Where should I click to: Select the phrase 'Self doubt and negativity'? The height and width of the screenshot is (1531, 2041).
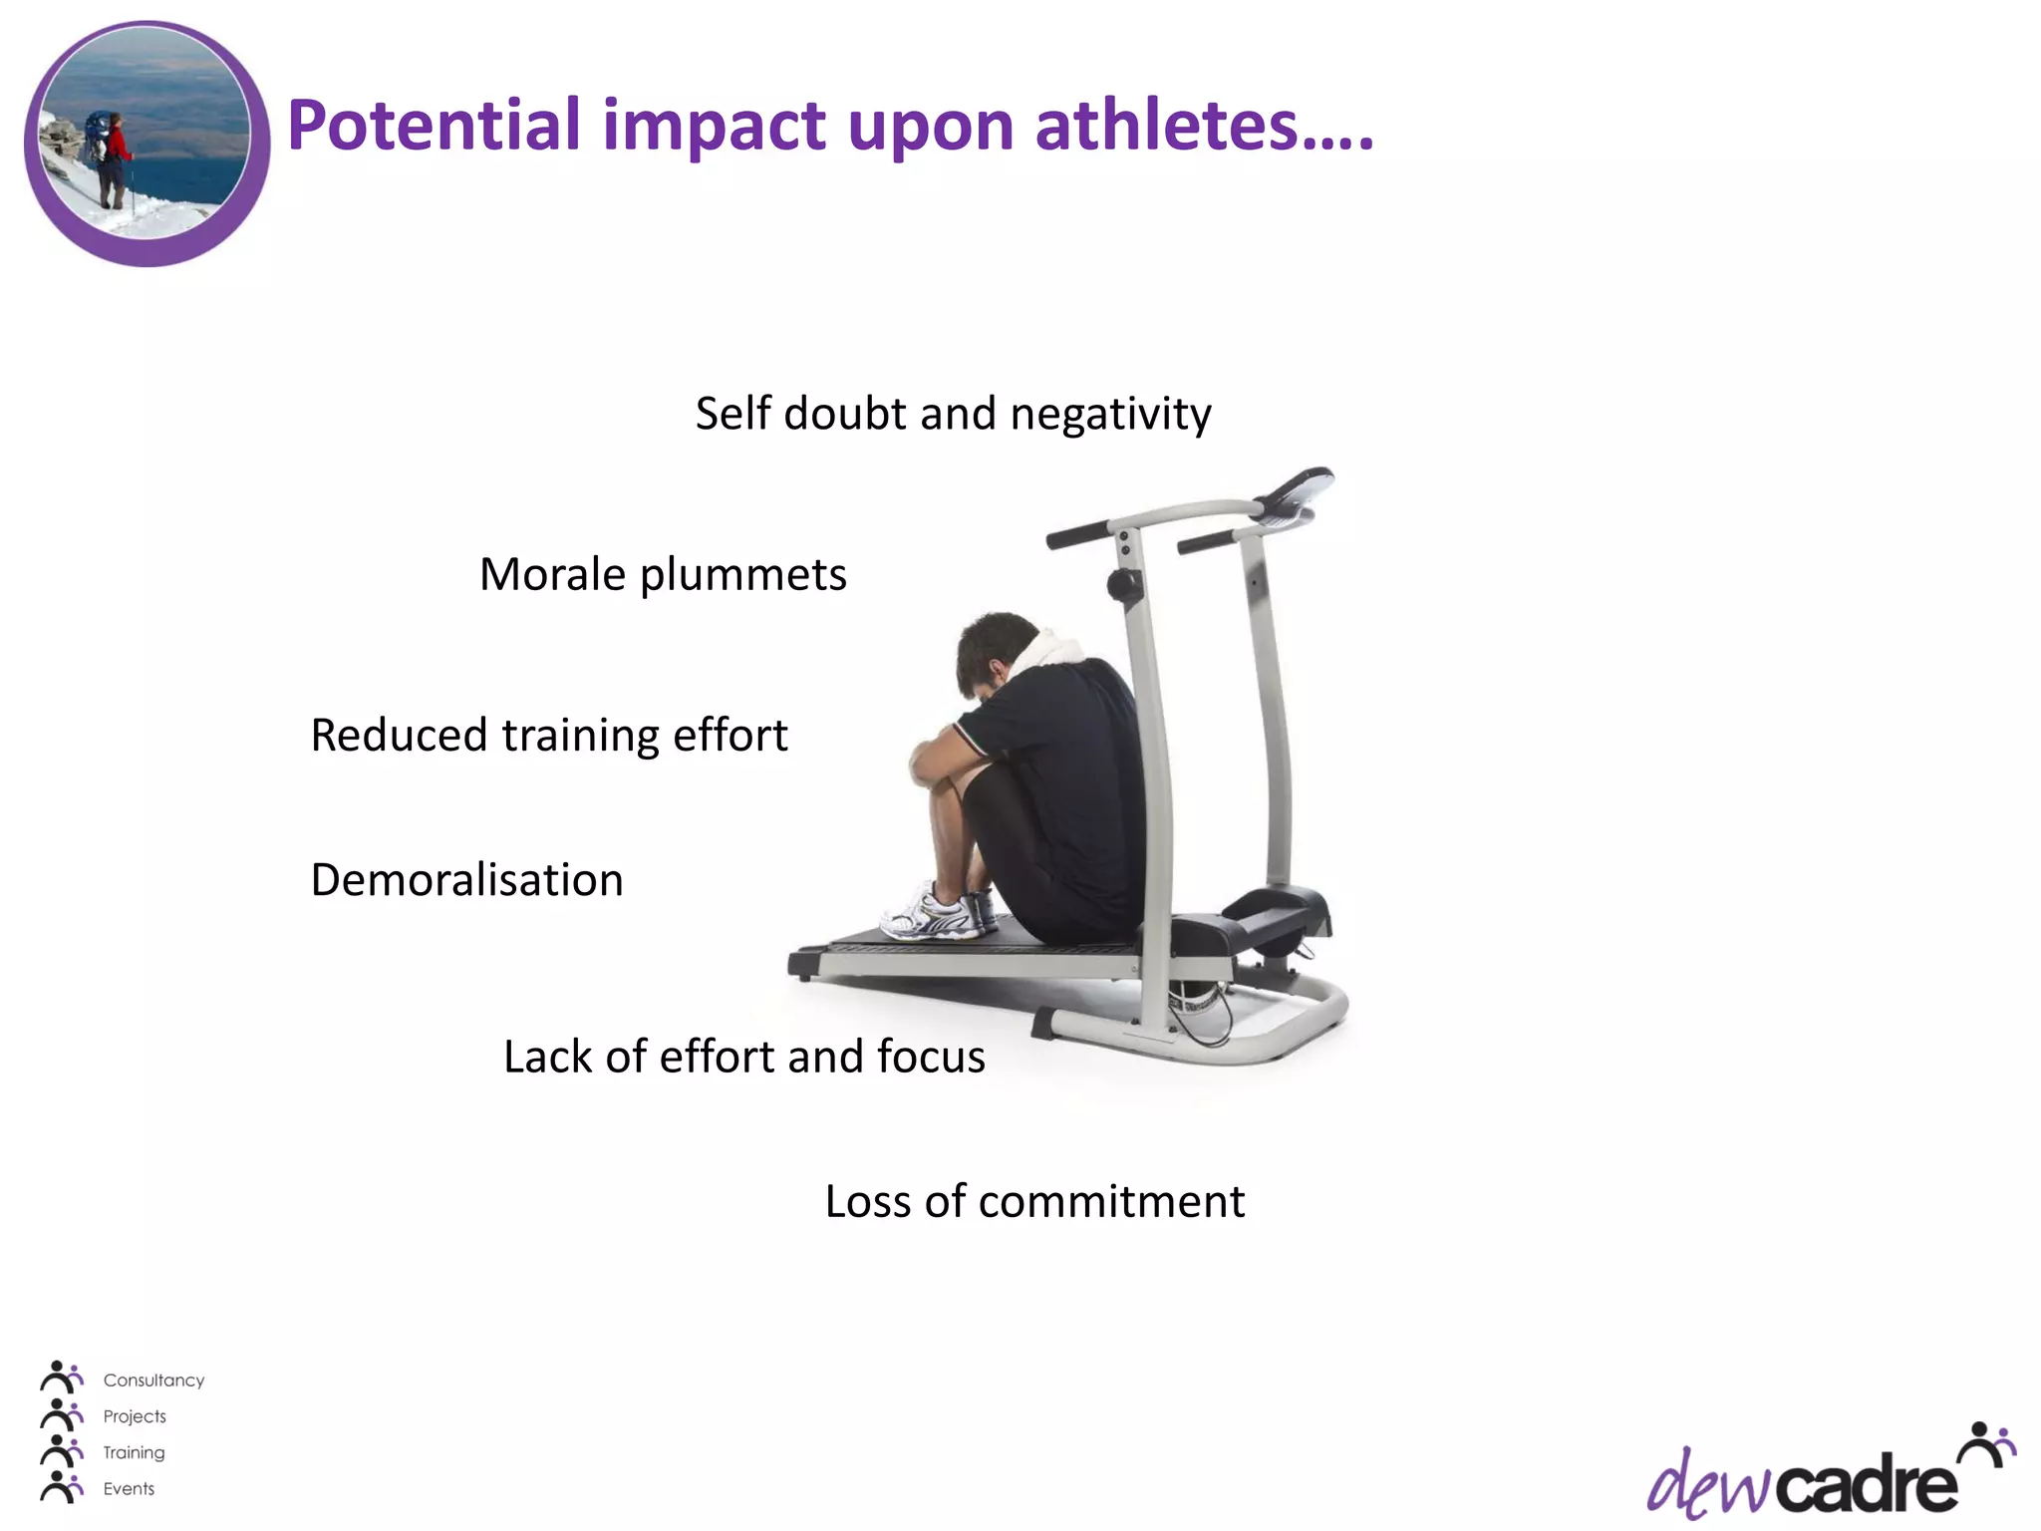click(953, 414)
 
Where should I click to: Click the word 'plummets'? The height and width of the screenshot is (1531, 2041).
click(742, 575)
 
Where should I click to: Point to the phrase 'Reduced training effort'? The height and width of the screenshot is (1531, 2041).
click(549, 736)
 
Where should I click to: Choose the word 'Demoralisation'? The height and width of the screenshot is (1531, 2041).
click(466, 880)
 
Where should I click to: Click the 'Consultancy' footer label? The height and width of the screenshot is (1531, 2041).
click(153, 1380)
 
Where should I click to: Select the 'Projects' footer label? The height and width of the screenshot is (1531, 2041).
click(135, 1416)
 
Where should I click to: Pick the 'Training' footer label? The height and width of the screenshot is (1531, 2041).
click(134, 1452)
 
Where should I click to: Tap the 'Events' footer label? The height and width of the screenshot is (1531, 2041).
click(129, 1489)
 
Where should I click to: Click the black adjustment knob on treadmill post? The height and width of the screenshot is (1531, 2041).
click(1123, 584)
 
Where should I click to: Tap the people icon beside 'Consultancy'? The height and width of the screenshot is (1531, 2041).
click(61, 1378)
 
